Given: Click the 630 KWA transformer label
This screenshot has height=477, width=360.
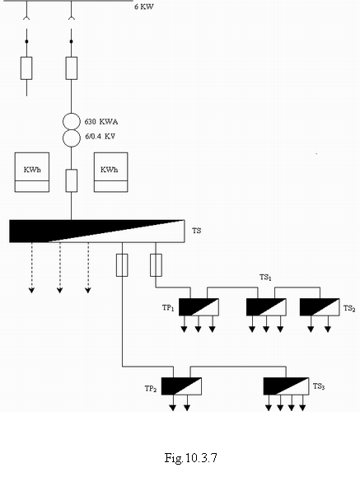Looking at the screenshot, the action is [101, 122].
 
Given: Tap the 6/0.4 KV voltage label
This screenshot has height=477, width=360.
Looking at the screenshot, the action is [101, 136].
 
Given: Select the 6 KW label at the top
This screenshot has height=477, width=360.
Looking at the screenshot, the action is [144, 7].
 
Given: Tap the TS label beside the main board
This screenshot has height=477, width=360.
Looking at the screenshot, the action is [197, 231].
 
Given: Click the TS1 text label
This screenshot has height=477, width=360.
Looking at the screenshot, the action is [265, 278].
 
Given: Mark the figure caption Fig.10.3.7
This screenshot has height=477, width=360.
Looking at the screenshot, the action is [191, 457].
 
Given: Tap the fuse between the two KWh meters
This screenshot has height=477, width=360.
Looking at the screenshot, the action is [72, 180].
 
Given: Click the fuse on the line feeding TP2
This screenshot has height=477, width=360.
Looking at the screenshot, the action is [122, 265].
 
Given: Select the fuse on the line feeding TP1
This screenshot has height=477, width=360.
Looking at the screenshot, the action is [156, 265].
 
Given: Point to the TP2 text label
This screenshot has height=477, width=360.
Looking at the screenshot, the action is [151, 389].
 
